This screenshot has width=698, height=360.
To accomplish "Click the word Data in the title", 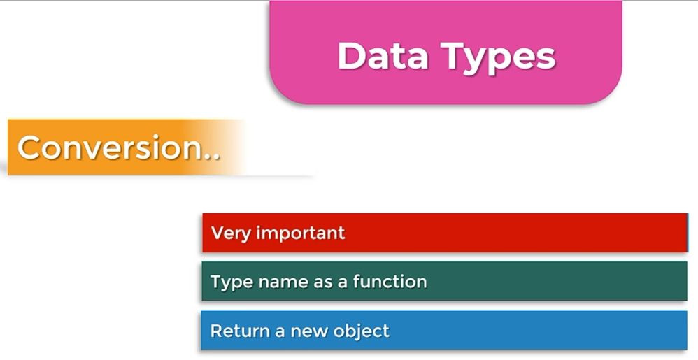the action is [x=383, y=56].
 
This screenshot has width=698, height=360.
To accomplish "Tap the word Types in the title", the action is [x=498, y=58].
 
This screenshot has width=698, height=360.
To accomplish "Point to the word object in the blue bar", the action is [x=362, y=331].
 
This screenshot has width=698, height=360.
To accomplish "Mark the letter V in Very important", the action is [x=218, y=233].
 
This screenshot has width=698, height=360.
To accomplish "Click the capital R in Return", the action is [x=217, y=331].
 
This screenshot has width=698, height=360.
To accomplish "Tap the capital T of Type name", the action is [x=216, y=281].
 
